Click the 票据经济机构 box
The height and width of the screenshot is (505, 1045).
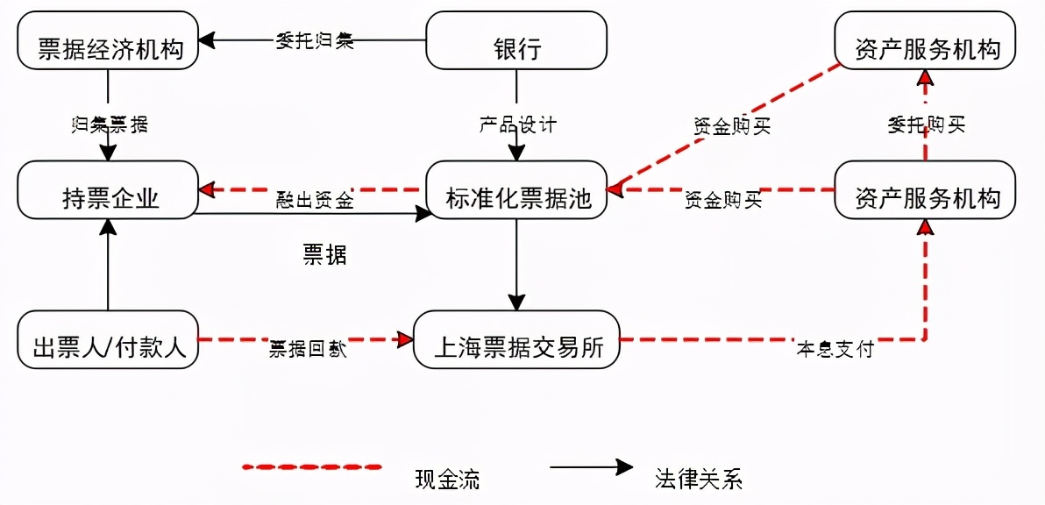pos(109,40)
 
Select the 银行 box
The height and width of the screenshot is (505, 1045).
pos(516,40)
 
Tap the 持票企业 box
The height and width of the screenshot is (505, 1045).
pos(109,189)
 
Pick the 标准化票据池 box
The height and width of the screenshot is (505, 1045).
pos(516,189)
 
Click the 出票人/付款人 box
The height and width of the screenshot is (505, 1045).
pos(109,339)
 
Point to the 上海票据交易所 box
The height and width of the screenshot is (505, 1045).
pos(516,339)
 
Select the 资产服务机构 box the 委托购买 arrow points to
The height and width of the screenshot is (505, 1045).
pos(925,40)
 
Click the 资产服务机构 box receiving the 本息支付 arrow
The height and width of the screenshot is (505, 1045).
pos(925,189)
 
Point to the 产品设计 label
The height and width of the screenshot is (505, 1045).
pos(517,124)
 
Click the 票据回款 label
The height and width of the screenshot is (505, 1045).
pos(307,349)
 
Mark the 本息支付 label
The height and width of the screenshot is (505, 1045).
pos(835,349)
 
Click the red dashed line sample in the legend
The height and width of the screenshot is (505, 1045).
pos(313,467)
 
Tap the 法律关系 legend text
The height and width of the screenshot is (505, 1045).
pos(698,479)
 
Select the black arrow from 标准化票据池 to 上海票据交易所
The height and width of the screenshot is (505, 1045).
pos(516,263)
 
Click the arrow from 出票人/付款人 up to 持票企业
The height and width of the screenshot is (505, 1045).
pos(109,263)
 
